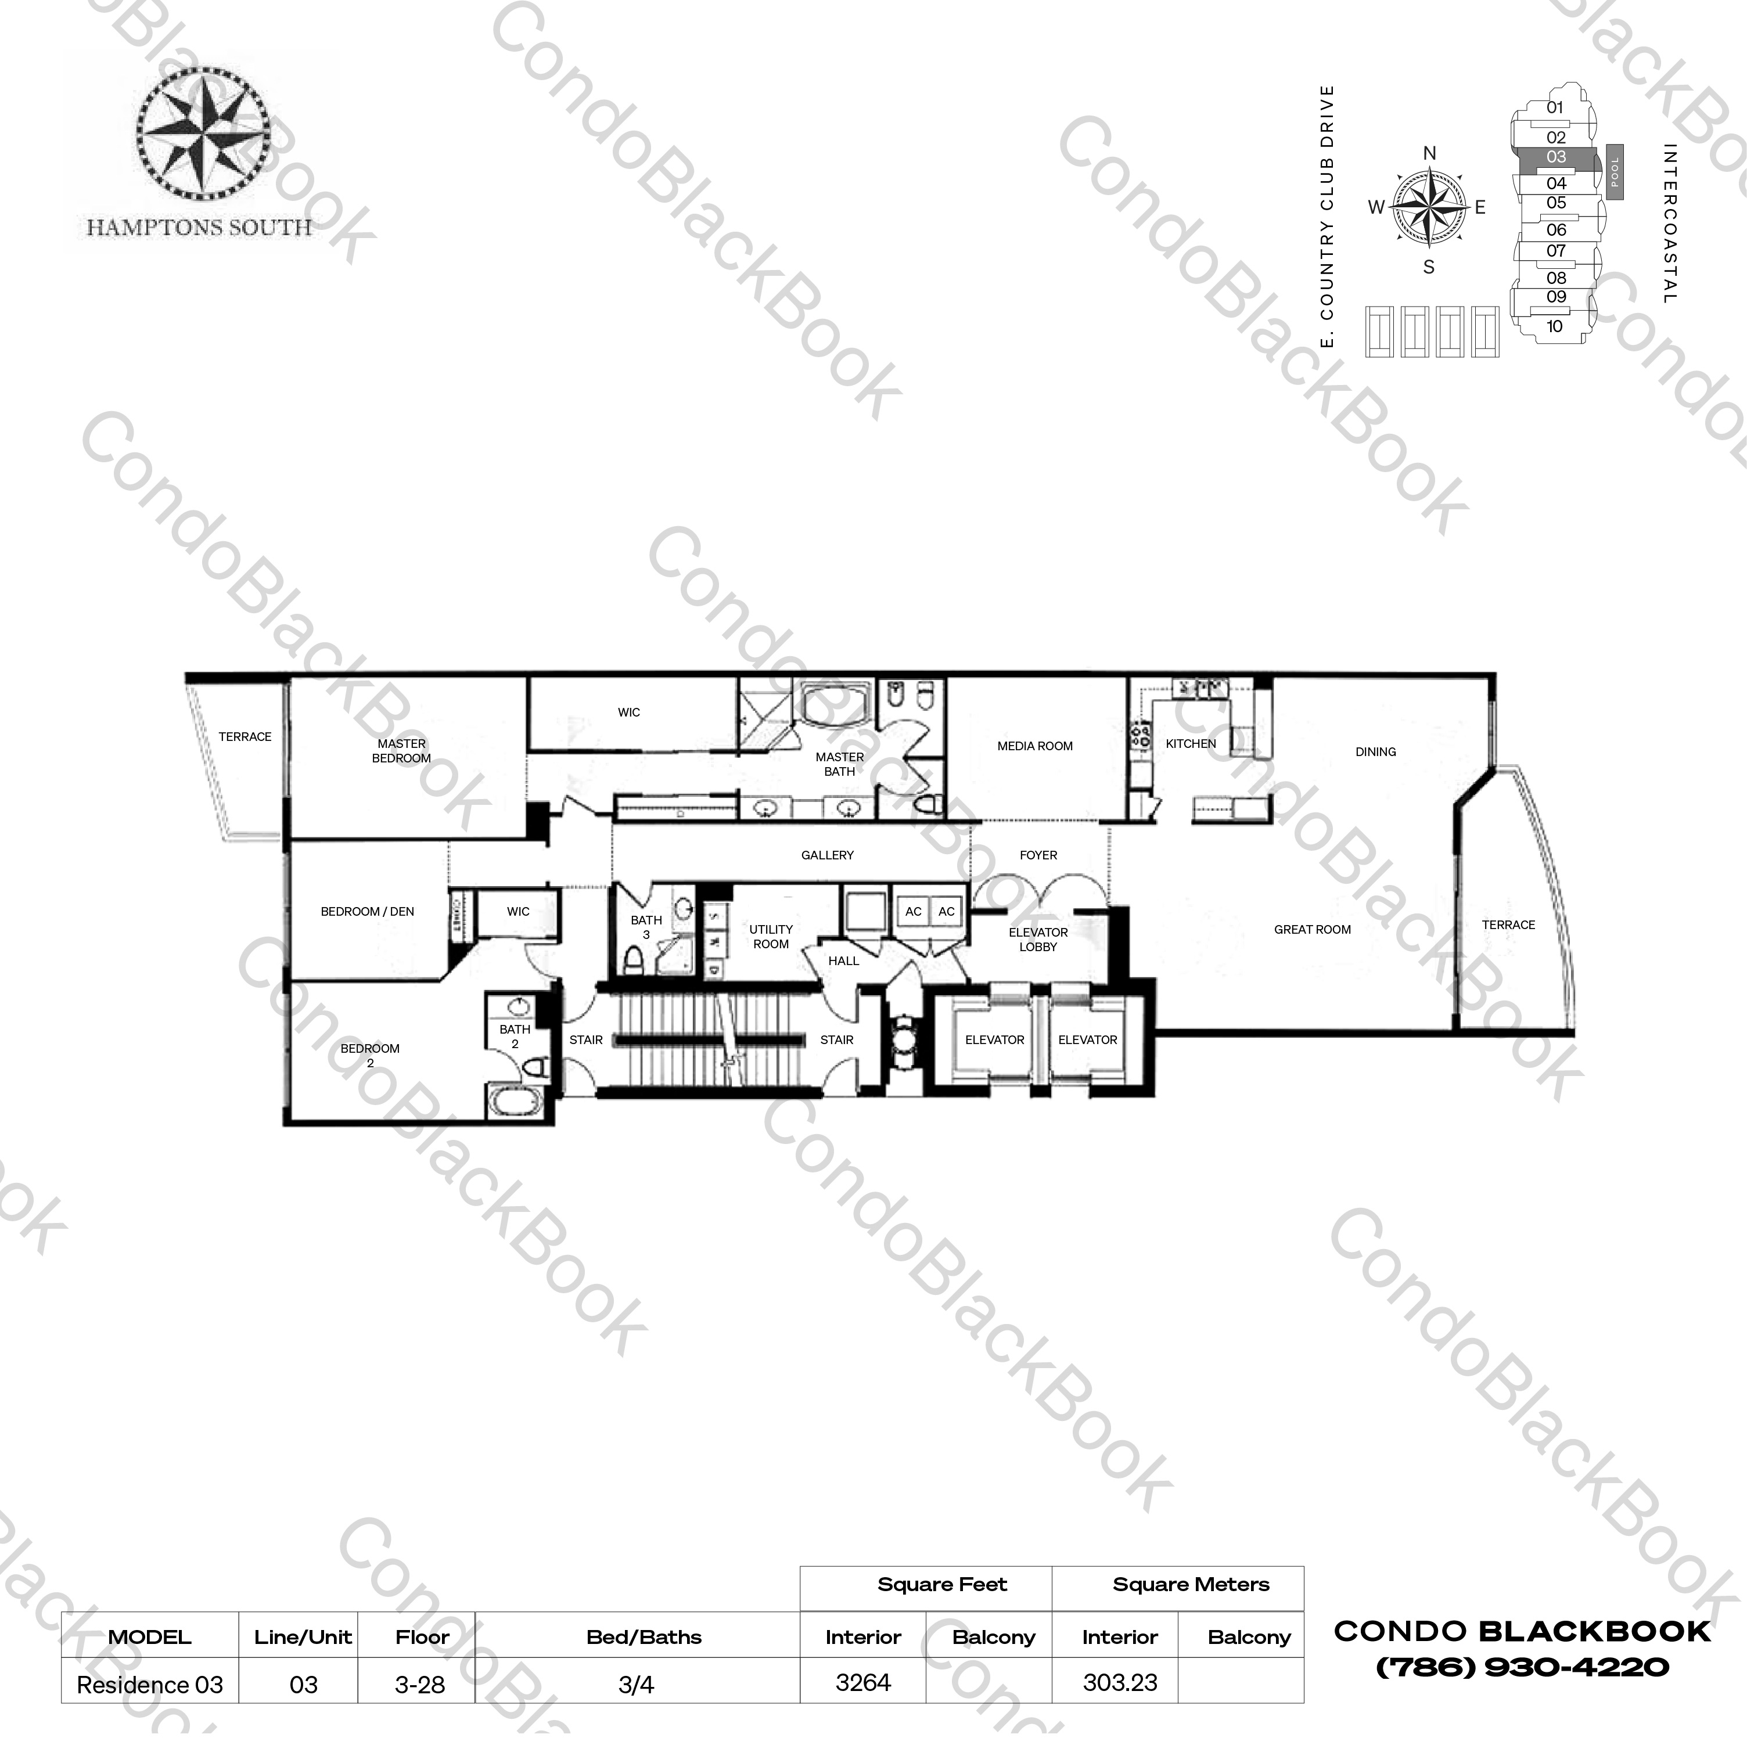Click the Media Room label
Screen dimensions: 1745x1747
click(x=1034, y=746)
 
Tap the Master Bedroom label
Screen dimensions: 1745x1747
click(x=401, y=750)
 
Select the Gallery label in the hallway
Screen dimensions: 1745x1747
click(x=826, y=854)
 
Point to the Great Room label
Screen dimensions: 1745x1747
click(x=1311, y=930)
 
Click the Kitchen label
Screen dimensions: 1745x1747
click(x=1190, y=743)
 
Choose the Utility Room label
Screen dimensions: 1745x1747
click(x=771, y=937)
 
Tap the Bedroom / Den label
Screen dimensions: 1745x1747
click(x=367, y=911)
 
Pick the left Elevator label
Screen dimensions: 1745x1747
click(x=994, y=1040)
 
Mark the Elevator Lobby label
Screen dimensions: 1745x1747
click(x=1037, y=940)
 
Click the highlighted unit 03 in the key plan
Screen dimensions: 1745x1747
click(x=1555, y=158)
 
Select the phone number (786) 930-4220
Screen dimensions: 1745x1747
click(x=1522, y=1667)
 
